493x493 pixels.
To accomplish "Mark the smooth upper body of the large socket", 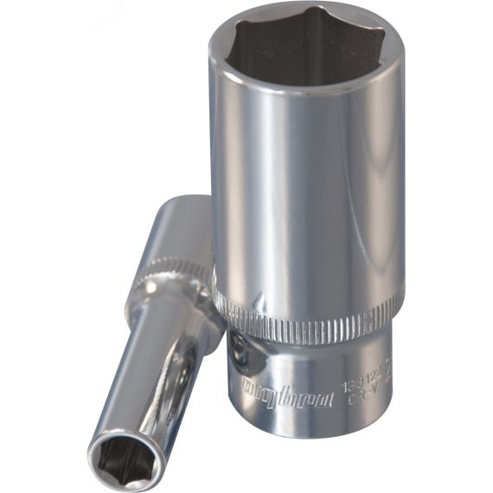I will click(303, 190).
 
